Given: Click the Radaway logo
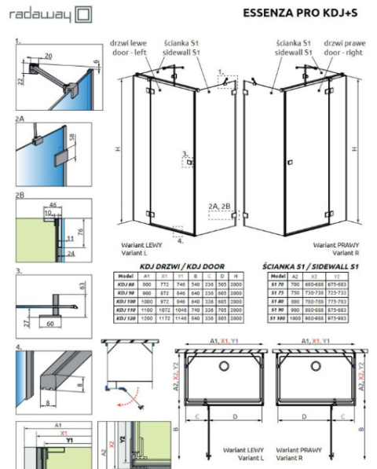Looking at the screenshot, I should pyautogui.click(x=48, y=14).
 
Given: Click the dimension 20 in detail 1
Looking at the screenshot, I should pyautogui.click(x=49, y=57).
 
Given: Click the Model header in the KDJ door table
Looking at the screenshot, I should pyautogui.click(x=123, y=277).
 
